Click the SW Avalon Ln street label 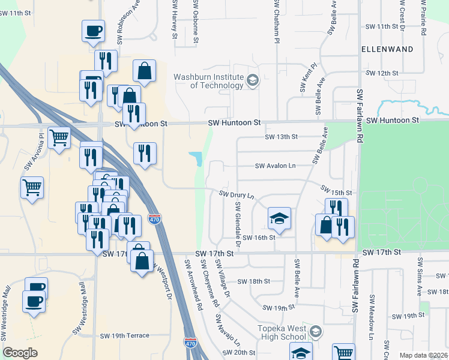(276, 166)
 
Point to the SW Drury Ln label (237, 195)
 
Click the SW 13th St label (282, 137)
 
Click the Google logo (20, 353)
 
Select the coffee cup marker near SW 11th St (93, 31)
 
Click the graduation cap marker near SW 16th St (279, 219)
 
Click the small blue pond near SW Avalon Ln (196, 158)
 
